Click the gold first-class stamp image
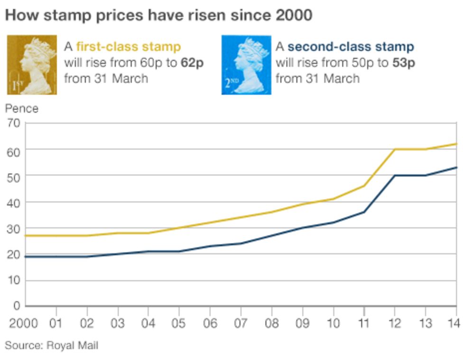(32, 65)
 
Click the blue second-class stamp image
(246, 65)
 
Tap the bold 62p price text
(192, 63)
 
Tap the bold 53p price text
(404, 63)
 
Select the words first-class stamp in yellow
(128, 47)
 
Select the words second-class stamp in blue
(351, 47)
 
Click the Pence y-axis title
(21, 109)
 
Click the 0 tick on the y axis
(17, 306)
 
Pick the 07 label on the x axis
(241, 323)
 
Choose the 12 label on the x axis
(395, 323)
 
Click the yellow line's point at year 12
(395, 149)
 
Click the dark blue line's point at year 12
(395, 175)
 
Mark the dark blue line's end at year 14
(456, 167)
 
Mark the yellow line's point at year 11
(364, 186)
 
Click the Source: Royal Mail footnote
(51, 345)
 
